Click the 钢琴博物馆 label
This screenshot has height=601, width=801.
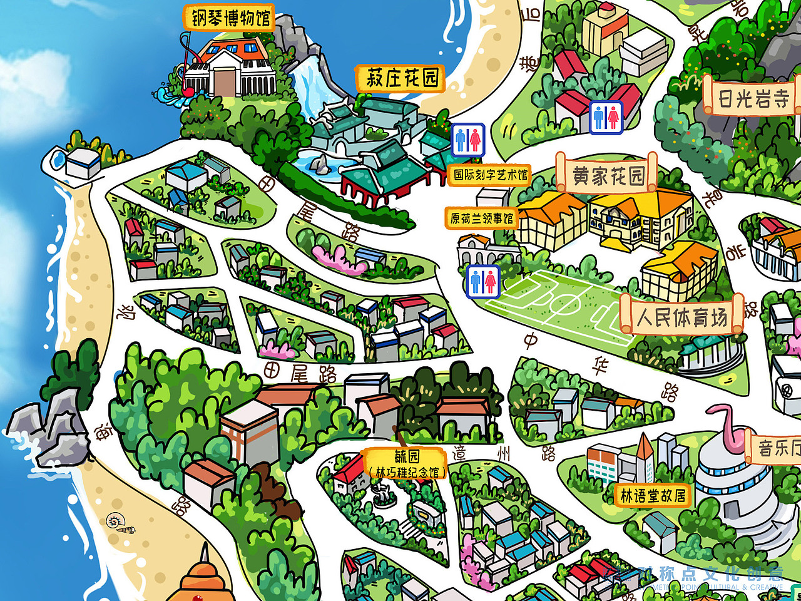(x=230, y=18)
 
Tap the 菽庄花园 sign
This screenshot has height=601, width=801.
(x=401, y=78)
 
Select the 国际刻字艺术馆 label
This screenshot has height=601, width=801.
(x=491, y=175)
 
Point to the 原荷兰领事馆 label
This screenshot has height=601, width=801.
(x=481, y=218)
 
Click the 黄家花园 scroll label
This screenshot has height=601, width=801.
(x=607, y=176)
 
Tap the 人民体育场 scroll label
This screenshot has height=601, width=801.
(x=681, y=317)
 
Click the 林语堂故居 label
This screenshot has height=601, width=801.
(x=653, y=496)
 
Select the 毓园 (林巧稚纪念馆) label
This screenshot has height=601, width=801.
(x=407, y=464)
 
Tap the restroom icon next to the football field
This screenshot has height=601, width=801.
(x=483, y=282)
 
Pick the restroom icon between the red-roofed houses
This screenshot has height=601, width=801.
(x=606, y=117)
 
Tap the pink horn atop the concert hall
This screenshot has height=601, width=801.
(x=730, y=426)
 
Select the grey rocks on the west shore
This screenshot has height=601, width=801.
(x=50, y=426)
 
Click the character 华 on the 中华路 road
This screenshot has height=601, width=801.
(x=599, y=364)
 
